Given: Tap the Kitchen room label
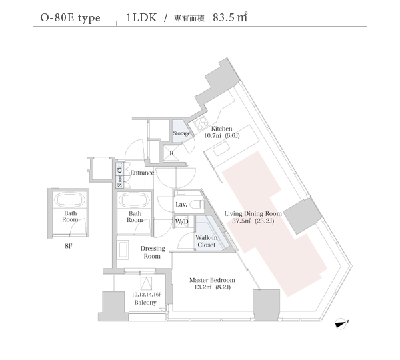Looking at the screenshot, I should click(221, 129).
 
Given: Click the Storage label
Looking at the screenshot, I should click(182, 134).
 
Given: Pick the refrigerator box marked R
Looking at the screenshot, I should click(172, 153).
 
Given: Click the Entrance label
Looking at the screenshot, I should click(142, 173).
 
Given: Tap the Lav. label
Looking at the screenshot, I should click(180, 205).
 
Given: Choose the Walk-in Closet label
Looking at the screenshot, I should click(205, 241).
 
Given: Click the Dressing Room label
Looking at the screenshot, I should click(153, 252).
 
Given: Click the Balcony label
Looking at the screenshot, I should click(145, 303).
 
